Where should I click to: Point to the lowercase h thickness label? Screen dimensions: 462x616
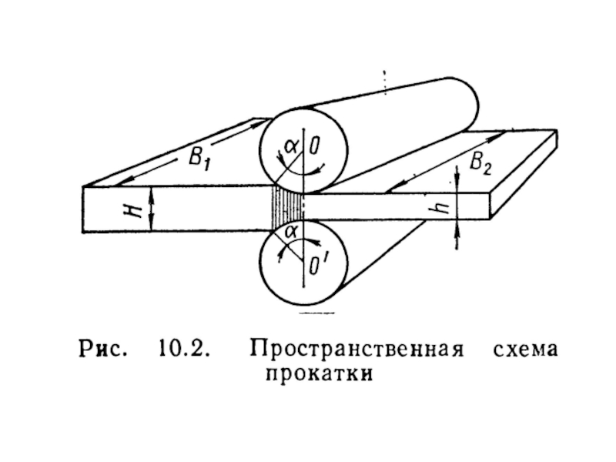(440, 206)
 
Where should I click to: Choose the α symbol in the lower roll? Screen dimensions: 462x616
(291, 230)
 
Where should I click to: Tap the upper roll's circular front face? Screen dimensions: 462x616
(303, 150)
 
